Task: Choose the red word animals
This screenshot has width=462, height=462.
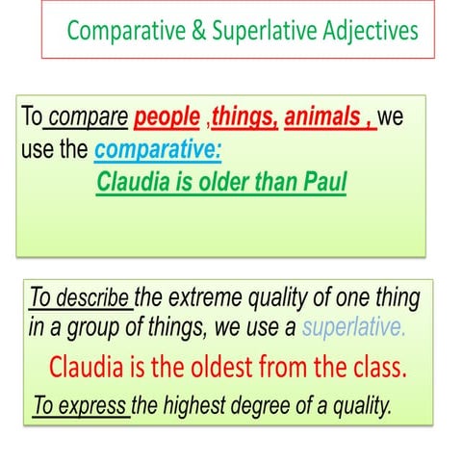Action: pyautogui.click(x=324, y=120)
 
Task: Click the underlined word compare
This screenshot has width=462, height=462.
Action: pyautogui.click(x=88, y=120)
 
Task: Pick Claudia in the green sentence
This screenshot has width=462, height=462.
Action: pyautogui.click(x=133, y=181)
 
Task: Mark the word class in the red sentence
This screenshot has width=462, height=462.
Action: pyautogui.click(x=375, y=367)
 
